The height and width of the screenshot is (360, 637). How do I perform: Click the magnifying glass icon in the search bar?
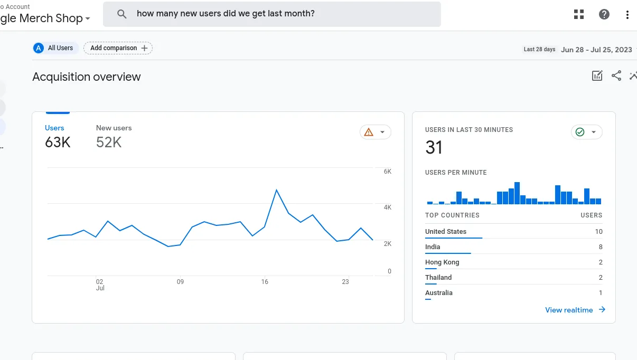point(122,14)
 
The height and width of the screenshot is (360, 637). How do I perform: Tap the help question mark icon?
point(604,14)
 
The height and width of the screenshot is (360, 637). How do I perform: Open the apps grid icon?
point(579,14)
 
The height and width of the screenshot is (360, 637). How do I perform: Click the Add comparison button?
point(118,48)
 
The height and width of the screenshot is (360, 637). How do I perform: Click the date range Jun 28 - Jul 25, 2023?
point(596,50)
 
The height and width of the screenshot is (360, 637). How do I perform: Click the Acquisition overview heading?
point(87,77)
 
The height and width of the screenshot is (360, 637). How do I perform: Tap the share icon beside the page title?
point(616,76)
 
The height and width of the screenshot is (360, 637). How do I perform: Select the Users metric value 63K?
point(58,143)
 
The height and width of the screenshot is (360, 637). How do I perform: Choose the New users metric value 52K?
point(109,143)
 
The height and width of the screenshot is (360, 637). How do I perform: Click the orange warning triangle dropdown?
point(375,132)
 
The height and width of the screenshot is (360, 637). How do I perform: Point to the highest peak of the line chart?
point(276,190)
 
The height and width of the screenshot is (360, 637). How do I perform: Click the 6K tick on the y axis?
point(387,172)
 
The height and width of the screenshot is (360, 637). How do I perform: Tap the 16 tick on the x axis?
point(265,282)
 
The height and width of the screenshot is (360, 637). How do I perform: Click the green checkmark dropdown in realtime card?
point(586,132)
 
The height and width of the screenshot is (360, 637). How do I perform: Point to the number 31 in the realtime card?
point(434,148)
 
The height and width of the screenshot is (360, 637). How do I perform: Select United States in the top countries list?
point(446,232)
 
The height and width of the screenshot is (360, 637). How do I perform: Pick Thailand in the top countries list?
point(438,278)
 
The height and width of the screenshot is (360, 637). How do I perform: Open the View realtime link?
point(575,310)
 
